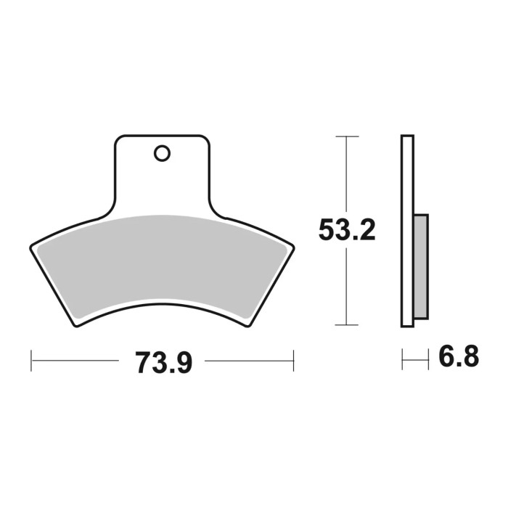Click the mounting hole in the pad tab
click(x=161, y=153)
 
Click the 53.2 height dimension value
click(x=347, y=232)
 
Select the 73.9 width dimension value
click(x=163, y=361)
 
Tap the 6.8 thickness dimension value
click(x=459, y=358)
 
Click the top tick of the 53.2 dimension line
click(x=348, y=136)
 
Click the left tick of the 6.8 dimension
click(x=404, y=359)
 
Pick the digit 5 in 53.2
click(x=327, y=232)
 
